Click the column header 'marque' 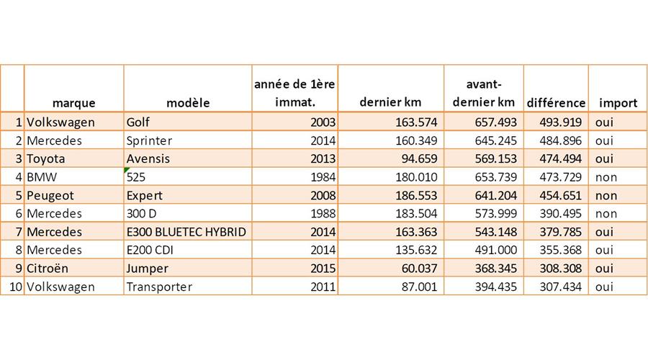[x=73, y=103]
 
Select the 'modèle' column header [x=188, y=103]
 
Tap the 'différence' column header [x=556, y=103]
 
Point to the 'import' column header [x=618, y=103]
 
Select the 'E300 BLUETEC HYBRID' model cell [x=186, y=232]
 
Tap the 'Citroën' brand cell [x=49, y=269]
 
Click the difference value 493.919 [x=562, y=122]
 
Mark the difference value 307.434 [x=562, y=287]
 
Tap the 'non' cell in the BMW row [x=606, y=177]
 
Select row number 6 [x=18, y=214]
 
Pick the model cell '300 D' [x=142, y=214]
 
